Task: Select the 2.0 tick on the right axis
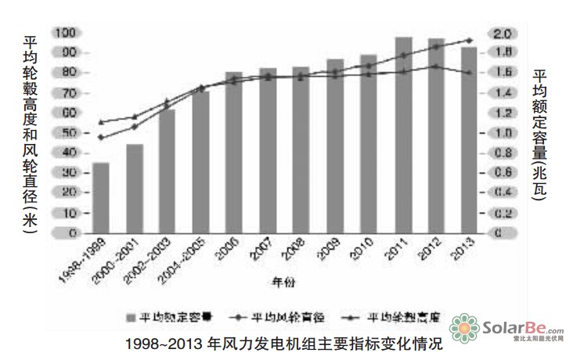(502, 34)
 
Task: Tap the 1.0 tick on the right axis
(502, 133)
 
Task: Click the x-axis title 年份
(283, 280)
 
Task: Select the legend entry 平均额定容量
(169, 317)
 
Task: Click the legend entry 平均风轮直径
(281, 317)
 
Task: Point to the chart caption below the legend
(283, 342)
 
